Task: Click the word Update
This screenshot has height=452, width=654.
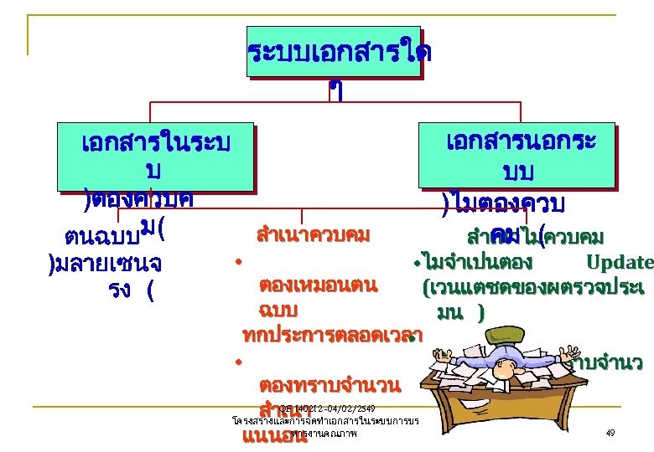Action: pos(620,262)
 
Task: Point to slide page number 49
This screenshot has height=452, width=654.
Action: pos(610,433)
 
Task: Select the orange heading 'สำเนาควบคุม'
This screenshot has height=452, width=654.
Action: pos(314,234)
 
